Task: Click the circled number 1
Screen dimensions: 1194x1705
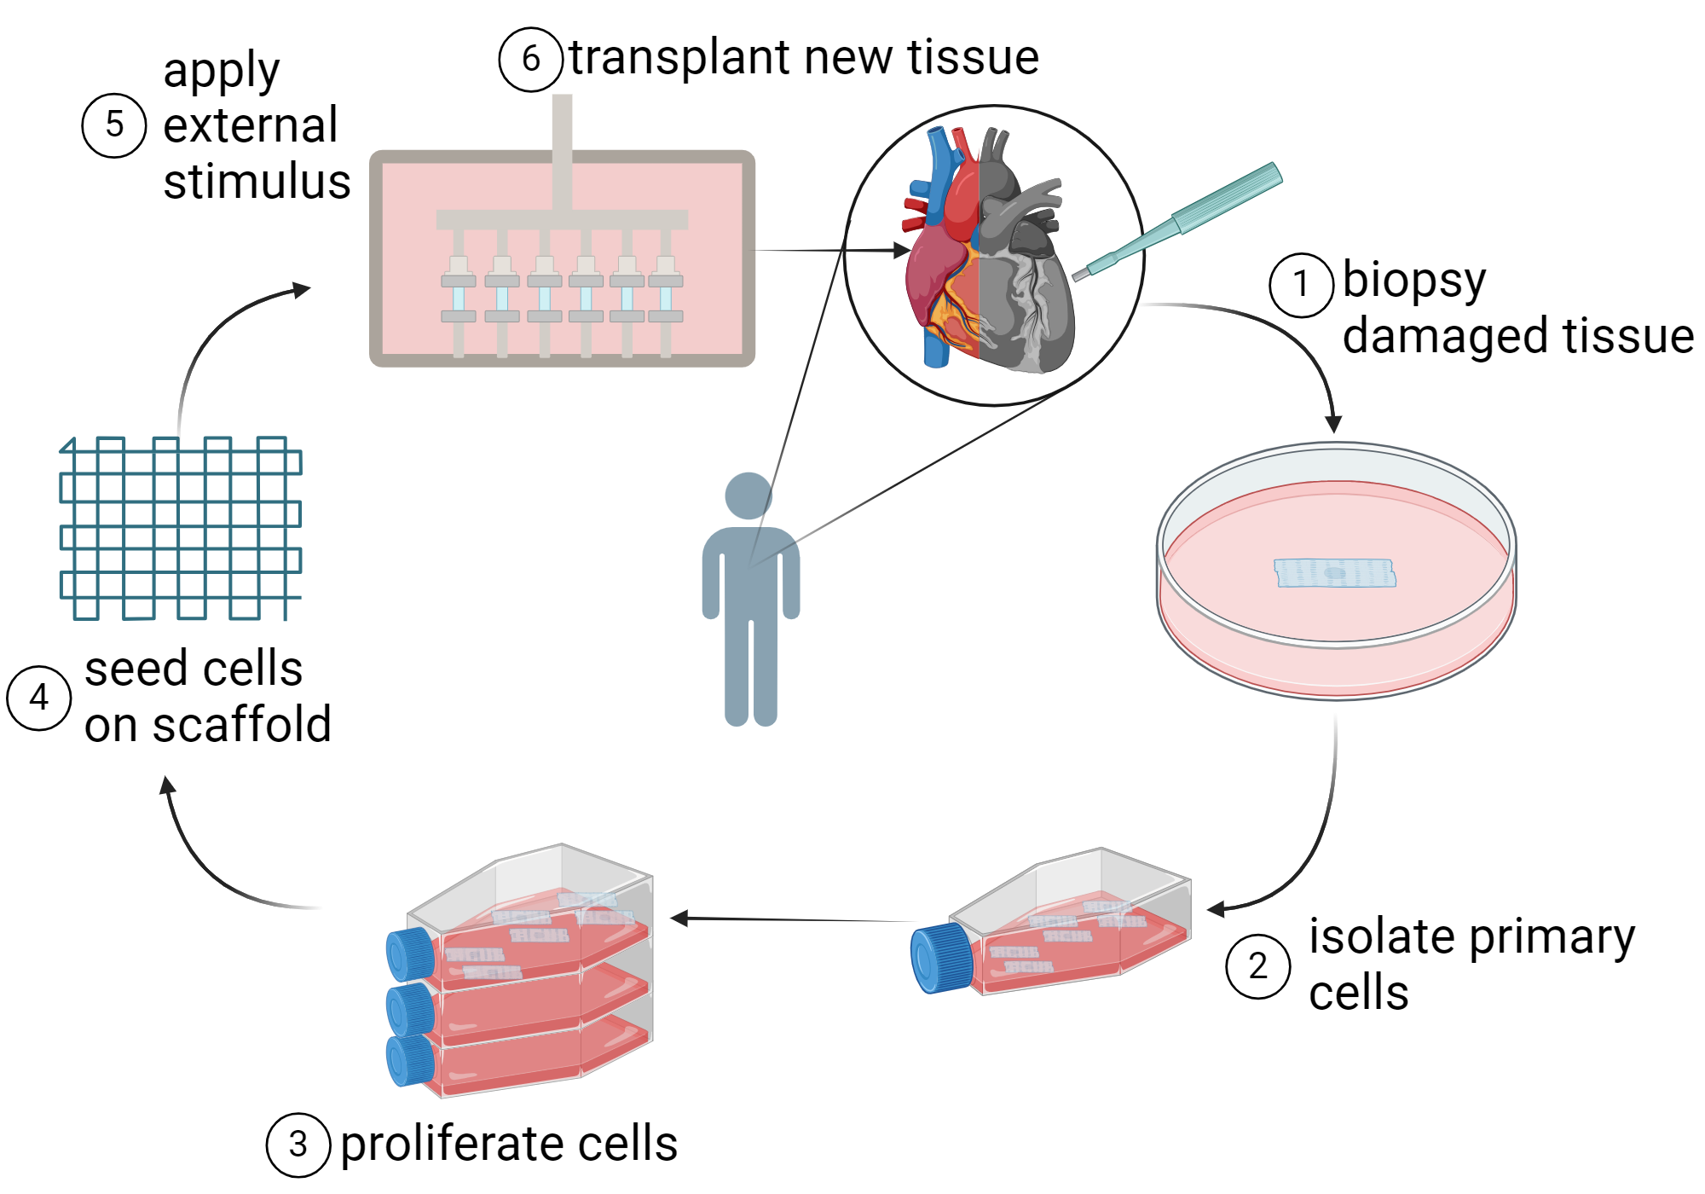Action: pyautogui.click(x=1301, y=285)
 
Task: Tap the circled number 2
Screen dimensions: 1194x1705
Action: pyautogui.click(x=1257, y=966)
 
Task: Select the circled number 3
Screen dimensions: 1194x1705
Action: pyautogui.click(x=298, y=1145)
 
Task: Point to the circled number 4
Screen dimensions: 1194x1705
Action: pyautogui.click(x=38, y=698)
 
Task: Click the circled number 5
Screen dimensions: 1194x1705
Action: pyautogui.click(x=114, y=125)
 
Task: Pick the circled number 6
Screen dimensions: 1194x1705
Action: pyautogui.click(x=530, y=59)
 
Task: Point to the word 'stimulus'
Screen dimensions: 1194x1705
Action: pyautogui.click(x=257, y=182)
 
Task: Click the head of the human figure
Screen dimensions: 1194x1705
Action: pyautogui.click(x=748, y=496)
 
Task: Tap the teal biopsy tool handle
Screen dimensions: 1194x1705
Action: pyautogui.click(x=1228, y=196)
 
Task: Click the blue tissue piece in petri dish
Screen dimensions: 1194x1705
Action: pyautogui.click(x=1334, y=573)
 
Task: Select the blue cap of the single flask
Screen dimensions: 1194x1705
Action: pyautogui.click(x=940, y=957)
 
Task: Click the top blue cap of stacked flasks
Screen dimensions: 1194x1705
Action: pyautogui.click(x=410, y=953)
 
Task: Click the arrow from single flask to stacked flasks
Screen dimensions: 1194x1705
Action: pyautogui.click(x=793, y=919)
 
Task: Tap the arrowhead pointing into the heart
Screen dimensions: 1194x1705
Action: pyautogui.click(x=902, y=250)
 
